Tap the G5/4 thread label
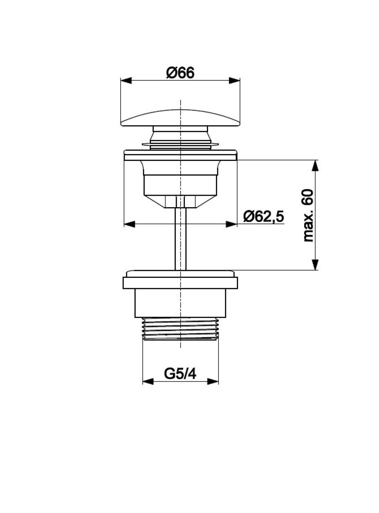[180, 374]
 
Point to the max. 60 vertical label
[309, 215]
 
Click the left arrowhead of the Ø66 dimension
[125, 80]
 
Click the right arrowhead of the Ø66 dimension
[235, 80]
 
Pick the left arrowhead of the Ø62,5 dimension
[129, 224]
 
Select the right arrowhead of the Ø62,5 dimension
[232, 224]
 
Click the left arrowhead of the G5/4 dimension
[147, 382]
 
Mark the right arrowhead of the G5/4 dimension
[213, 382]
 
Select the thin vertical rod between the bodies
[180, 239]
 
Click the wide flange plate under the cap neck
[180, 155]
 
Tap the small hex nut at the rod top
[180, 201]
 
